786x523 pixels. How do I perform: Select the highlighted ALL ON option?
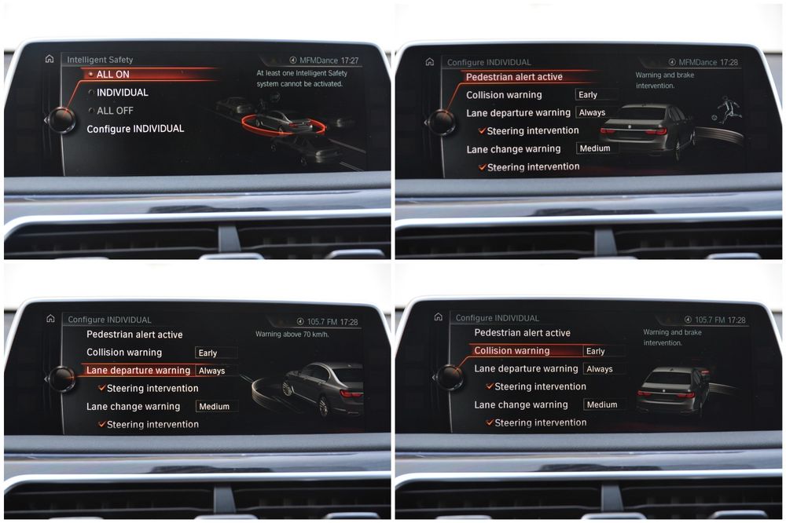click(112, 74)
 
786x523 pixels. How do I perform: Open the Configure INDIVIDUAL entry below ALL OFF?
click(135, 129)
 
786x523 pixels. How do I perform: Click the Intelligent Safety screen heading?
click(100, 60)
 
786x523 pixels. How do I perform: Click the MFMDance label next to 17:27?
click(318, 60)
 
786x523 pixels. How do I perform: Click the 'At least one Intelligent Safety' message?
click(302, 73)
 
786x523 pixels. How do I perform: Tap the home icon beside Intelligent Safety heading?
click(50, 59)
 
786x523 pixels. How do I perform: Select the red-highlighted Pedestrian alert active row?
click(514, 77)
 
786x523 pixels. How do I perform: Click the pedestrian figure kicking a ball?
click(729, 108)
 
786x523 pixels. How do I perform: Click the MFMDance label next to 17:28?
click(698, 63)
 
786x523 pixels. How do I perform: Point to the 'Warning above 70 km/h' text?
click(292, 335)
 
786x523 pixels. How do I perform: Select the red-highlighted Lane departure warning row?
click(138, 370)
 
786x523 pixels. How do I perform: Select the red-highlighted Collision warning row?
click(512, 351)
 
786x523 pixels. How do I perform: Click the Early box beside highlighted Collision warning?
click(604, 351)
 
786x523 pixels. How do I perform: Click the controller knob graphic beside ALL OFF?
click(61, 120)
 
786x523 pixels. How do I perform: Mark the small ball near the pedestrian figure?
click(714, 119)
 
